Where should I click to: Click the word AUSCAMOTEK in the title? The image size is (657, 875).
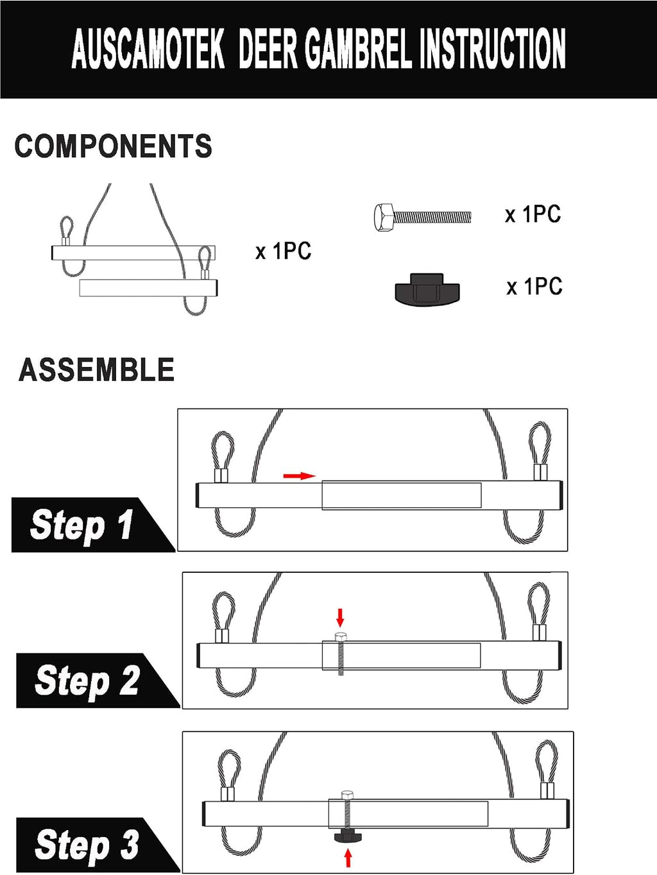tap(148, 49)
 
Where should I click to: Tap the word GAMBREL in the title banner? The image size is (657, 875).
tap(359, 49)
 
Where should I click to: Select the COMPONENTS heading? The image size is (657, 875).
tap(113, 146)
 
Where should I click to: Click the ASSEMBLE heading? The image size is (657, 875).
tap(96, 370)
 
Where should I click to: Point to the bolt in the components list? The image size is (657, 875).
tap(423, 217)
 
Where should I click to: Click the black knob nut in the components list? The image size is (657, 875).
tap(427, 290)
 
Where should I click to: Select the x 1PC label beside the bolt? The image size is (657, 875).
tap(533, 214)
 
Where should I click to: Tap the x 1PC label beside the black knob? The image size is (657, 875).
tap(534, 287)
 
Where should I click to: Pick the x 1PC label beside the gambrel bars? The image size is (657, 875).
tap(283, 251)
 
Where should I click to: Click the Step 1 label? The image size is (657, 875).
tap(81, 525)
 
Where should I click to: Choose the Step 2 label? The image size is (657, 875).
tap(87, 681)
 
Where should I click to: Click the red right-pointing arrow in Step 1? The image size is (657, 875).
tap(300, 475)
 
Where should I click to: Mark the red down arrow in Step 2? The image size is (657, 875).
tap(339, 618)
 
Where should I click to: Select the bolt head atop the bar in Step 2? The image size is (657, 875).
tap(341, 636)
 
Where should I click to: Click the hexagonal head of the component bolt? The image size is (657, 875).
tap(384, 217)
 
